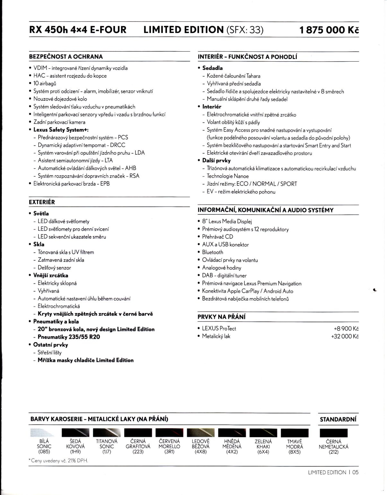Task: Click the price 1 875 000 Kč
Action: click(329, 30)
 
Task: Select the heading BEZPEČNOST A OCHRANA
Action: click(66, 57)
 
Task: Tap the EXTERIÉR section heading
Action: click(42, 202)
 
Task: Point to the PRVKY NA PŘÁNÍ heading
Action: click(221, 317)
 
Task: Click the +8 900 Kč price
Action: click(346, 329)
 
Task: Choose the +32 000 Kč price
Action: click(345, 336)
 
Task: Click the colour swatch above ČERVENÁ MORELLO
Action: click(169, 433)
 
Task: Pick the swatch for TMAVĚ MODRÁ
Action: click(295, 433)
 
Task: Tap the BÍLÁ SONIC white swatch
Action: click(44, 433)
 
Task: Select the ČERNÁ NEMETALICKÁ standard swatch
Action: click(334, 433)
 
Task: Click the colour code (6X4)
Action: click(263, 452)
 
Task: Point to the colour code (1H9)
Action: click(75, 452)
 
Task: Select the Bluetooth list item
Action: click(212, 252)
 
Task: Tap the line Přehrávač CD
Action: click(217, 237)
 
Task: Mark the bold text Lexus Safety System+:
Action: click(61, 130)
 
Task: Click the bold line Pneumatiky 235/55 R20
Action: click(69, 337)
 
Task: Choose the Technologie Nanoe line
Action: click(228, 176)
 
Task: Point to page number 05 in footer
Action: click(355, 472)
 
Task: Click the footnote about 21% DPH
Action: click(58, 461)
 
